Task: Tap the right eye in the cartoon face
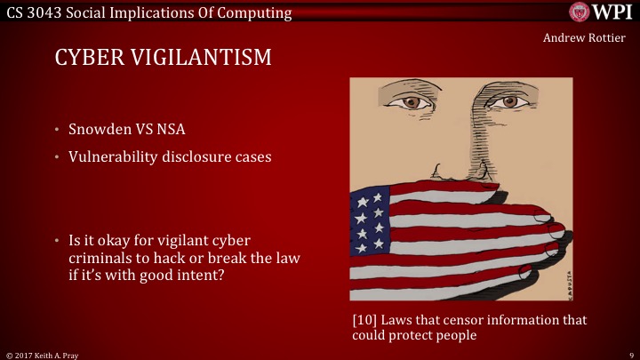508,101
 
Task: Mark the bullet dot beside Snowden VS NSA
55,130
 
